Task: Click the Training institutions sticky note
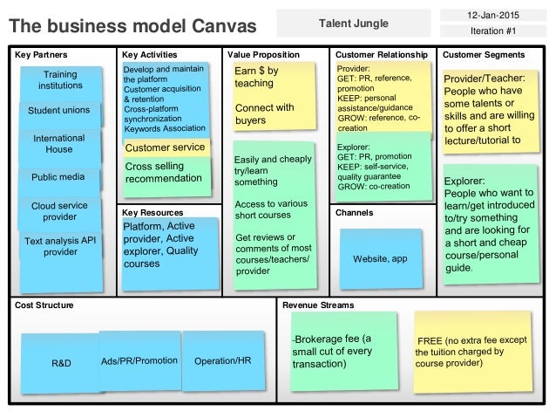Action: (59, 81)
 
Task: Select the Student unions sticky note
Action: (58, 112)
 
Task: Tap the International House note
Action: (58, 144)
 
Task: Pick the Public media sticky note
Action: (58, 177)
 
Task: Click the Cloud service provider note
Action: (60, 210)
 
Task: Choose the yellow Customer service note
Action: (166, 148)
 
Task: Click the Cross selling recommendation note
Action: (166, 173)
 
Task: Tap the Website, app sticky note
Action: (380, 259)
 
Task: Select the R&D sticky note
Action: (61, 360)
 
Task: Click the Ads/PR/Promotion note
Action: (139, 360)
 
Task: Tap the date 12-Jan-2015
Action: (493, 14)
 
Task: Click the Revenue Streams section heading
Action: (319, 305)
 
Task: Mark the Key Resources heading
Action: (153, 212)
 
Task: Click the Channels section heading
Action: (354, 212)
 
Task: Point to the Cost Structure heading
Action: (44, 305)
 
